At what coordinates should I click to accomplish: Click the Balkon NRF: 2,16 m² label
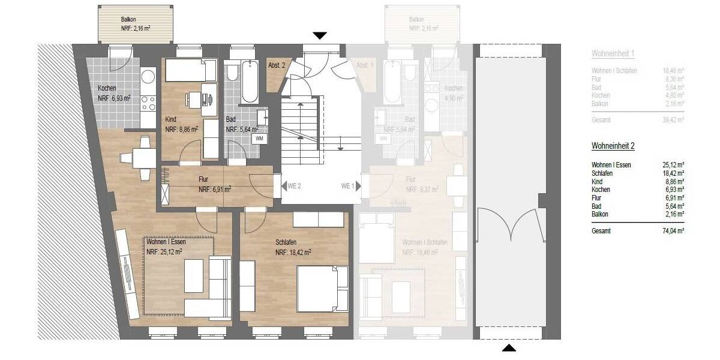(x=135, y=23)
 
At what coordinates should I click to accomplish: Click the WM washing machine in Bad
(x=259, y=139)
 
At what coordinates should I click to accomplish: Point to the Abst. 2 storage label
(x=276, y=65)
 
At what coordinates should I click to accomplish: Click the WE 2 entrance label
(x=294, y=186)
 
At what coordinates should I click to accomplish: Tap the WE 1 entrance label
(x=347, y=186)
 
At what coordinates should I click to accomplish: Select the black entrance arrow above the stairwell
(x=320, y=36)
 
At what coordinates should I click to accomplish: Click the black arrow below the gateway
(x=508, y=347)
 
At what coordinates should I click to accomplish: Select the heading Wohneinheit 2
(x=613, y=146)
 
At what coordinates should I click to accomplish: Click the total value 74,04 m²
(x=672, y=230)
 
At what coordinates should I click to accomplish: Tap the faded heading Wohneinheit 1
(x=613, y=54)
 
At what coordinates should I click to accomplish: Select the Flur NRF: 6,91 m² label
(x=215, y=184)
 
